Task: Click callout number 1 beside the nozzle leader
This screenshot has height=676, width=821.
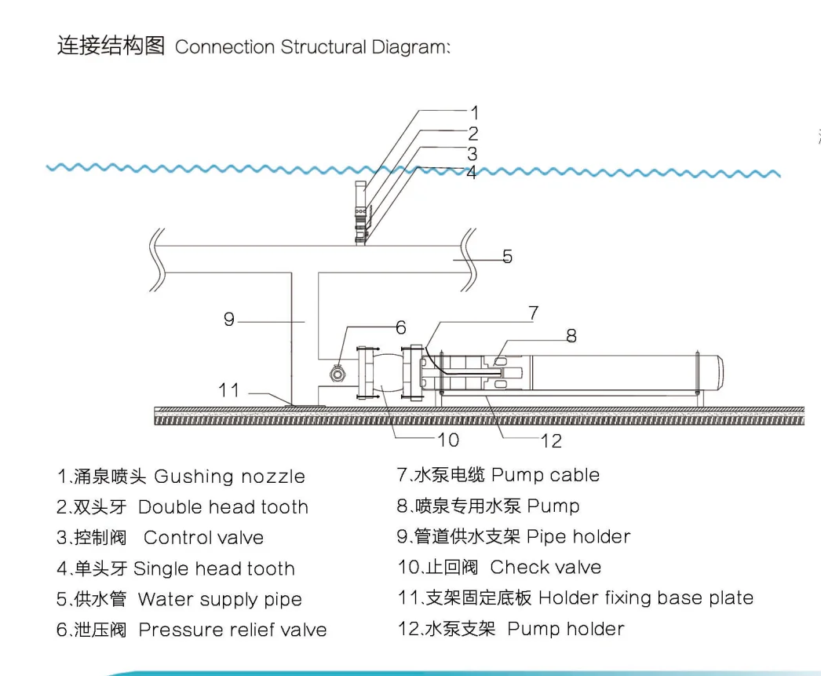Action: (x=474, y=112)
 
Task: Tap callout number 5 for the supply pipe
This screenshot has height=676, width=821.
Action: (x=507, y=257)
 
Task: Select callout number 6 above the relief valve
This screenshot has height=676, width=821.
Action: (x=401, y=327)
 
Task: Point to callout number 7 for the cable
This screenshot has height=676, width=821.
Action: (x=534, y=313)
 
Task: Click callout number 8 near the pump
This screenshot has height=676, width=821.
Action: (x=571, y=335)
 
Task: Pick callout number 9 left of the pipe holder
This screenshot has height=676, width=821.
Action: (x=229, y=320)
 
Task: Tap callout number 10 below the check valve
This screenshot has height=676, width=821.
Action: (x=449, y=440)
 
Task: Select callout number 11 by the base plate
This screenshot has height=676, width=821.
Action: (x=229, y=390)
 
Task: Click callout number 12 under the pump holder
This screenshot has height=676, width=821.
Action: (x=551, y=441)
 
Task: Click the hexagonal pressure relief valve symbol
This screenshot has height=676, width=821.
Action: (x=338, y=374)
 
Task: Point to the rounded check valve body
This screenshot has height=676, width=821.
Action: (x=386, y=372)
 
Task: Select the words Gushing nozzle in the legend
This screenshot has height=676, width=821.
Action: (x=229, y=477)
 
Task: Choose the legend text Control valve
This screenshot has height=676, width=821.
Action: (x=203, y=538)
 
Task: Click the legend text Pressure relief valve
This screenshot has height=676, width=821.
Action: (x=232, y=630)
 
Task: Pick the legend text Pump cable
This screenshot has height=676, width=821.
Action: (x=546, y=475)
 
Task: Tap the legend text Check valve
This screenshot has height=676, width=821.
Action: (x=546, y=567)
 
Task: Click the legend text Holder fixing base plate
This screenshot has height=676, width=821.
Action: (x=646, y=597)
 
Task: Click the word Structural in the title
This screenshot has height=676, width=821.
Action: (x=323, y=46)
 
